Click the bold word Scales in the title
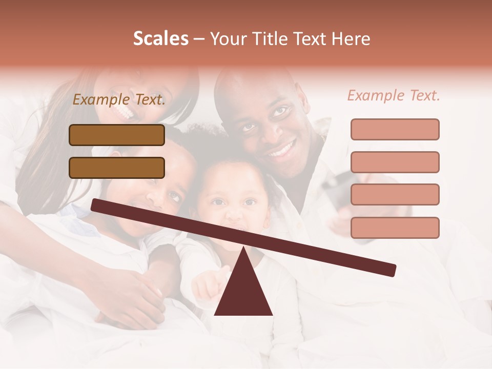pyautogui.click(x=160, y=38)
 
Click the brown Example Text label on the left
pyautogui.click(x=119, y=100)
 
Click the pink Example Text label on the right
pyautogui.click(x=394, y=95)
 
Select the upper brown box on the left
pyautogui.click(x=117, y=135)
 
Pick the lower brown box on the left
pyautogui.click(x=117, y=168)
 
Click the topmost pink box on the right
pyautogui.click(x=395, y=129)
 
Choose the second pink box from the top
pyautogui.click(x=395, y=162)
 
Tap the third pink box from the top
pyautogui.click(x=395, y=194)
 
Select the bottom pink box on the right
pyautogui.click(x=395, y=228)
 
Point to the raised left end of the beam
pyautogui.click(x=95, y=204)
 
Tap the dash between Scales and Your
pyautogui.click(x=199, y=39)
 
